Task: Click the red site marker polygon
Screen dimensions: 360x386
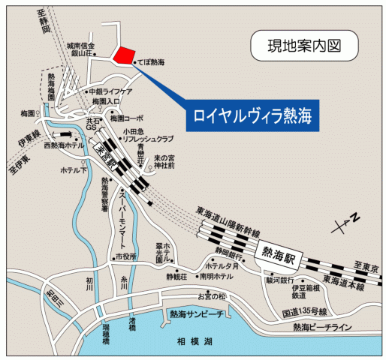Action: tap(123, 56)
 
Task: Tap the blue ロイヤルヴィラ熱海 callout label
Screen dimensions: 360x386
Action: tap(251, 115)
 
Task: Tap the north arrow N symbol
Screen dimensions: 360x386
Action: tap(342, 220)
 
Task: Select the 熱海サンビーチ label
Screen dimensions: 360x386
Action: tap(196, 314)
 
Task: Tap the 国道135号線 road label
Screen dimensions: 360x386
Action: tap(305, 310)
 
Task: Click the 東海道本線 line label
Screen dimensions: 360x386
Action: tap(339, 286)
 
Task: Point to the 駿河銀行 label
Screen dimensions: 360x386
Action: tap(281, 279)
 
